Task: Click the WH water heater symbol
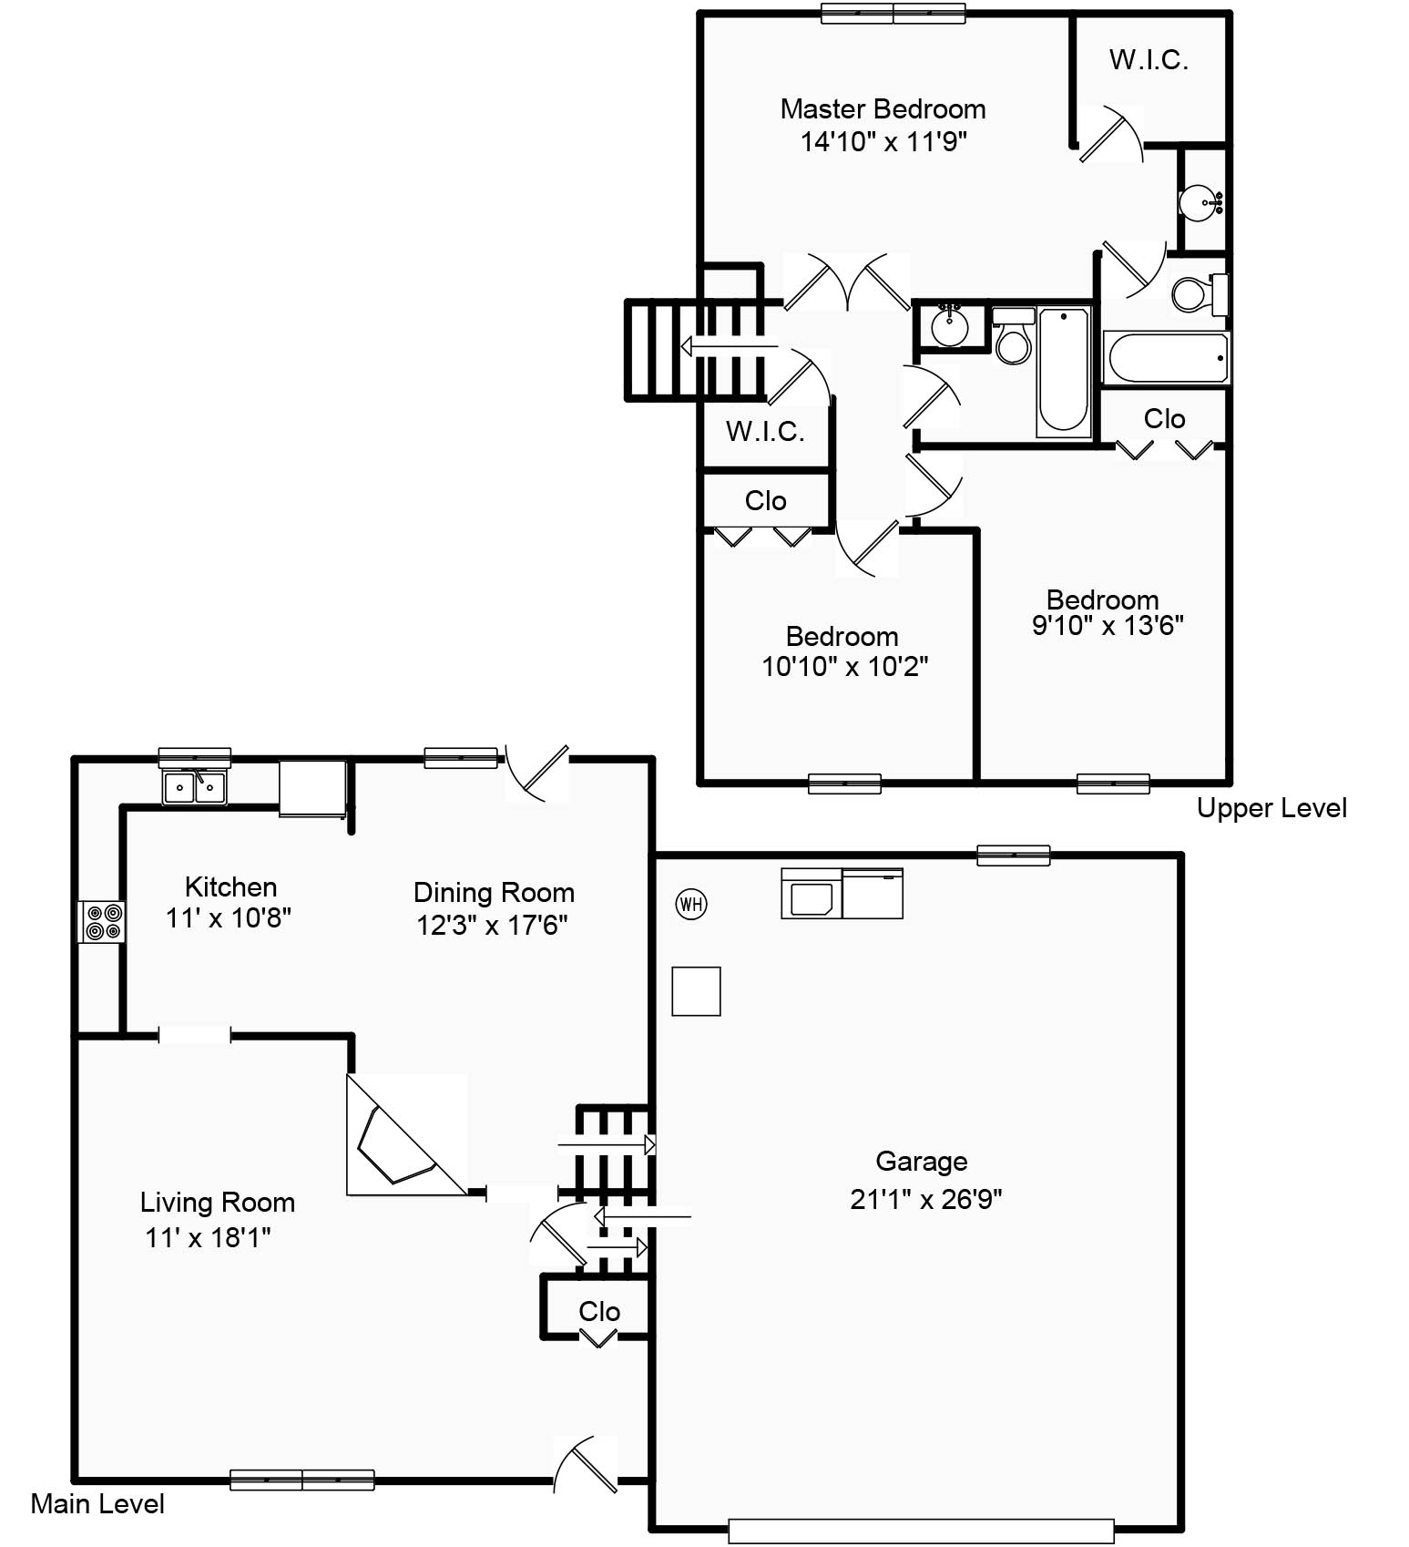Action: [x=691, y=904]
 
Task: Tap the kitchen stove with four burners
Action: [x=101, y=921]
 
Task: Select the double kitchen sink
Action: [x=195, y=787]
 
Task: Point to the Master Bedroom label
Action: [x=883, y=109]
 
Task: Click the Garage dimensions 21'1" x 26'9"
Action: [x=925, y=1199]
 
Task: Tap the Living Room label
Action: [x=218, y=1203]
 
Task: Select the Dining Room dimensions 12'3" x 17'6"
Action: [x=492, y=926]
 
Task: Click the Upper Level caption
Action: [x=1271, y=808]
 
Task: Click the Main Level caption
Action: [x=97, y=1503]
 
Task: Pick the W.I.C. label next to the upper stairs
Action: [x=765, y=431]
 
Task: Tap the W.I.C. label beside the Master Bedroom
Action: [x=1149, y=60]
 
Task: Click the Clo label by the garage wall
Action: [x=599, y=1312]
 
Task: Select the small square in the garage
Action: [x=696, y=991]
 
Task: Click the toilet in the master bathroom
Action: [x=1200, y=293]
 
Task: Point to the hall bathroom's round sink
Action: [x=950, y=325]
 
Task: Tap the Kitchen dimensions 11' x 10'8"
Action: [x=229, y=918]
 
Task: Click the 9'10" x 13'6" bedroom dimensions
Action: [x=1108, y=626]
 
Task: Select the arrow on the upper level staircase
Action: [x=730, y=347]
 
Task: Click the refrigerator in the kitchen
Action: [x=312, y=788]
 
